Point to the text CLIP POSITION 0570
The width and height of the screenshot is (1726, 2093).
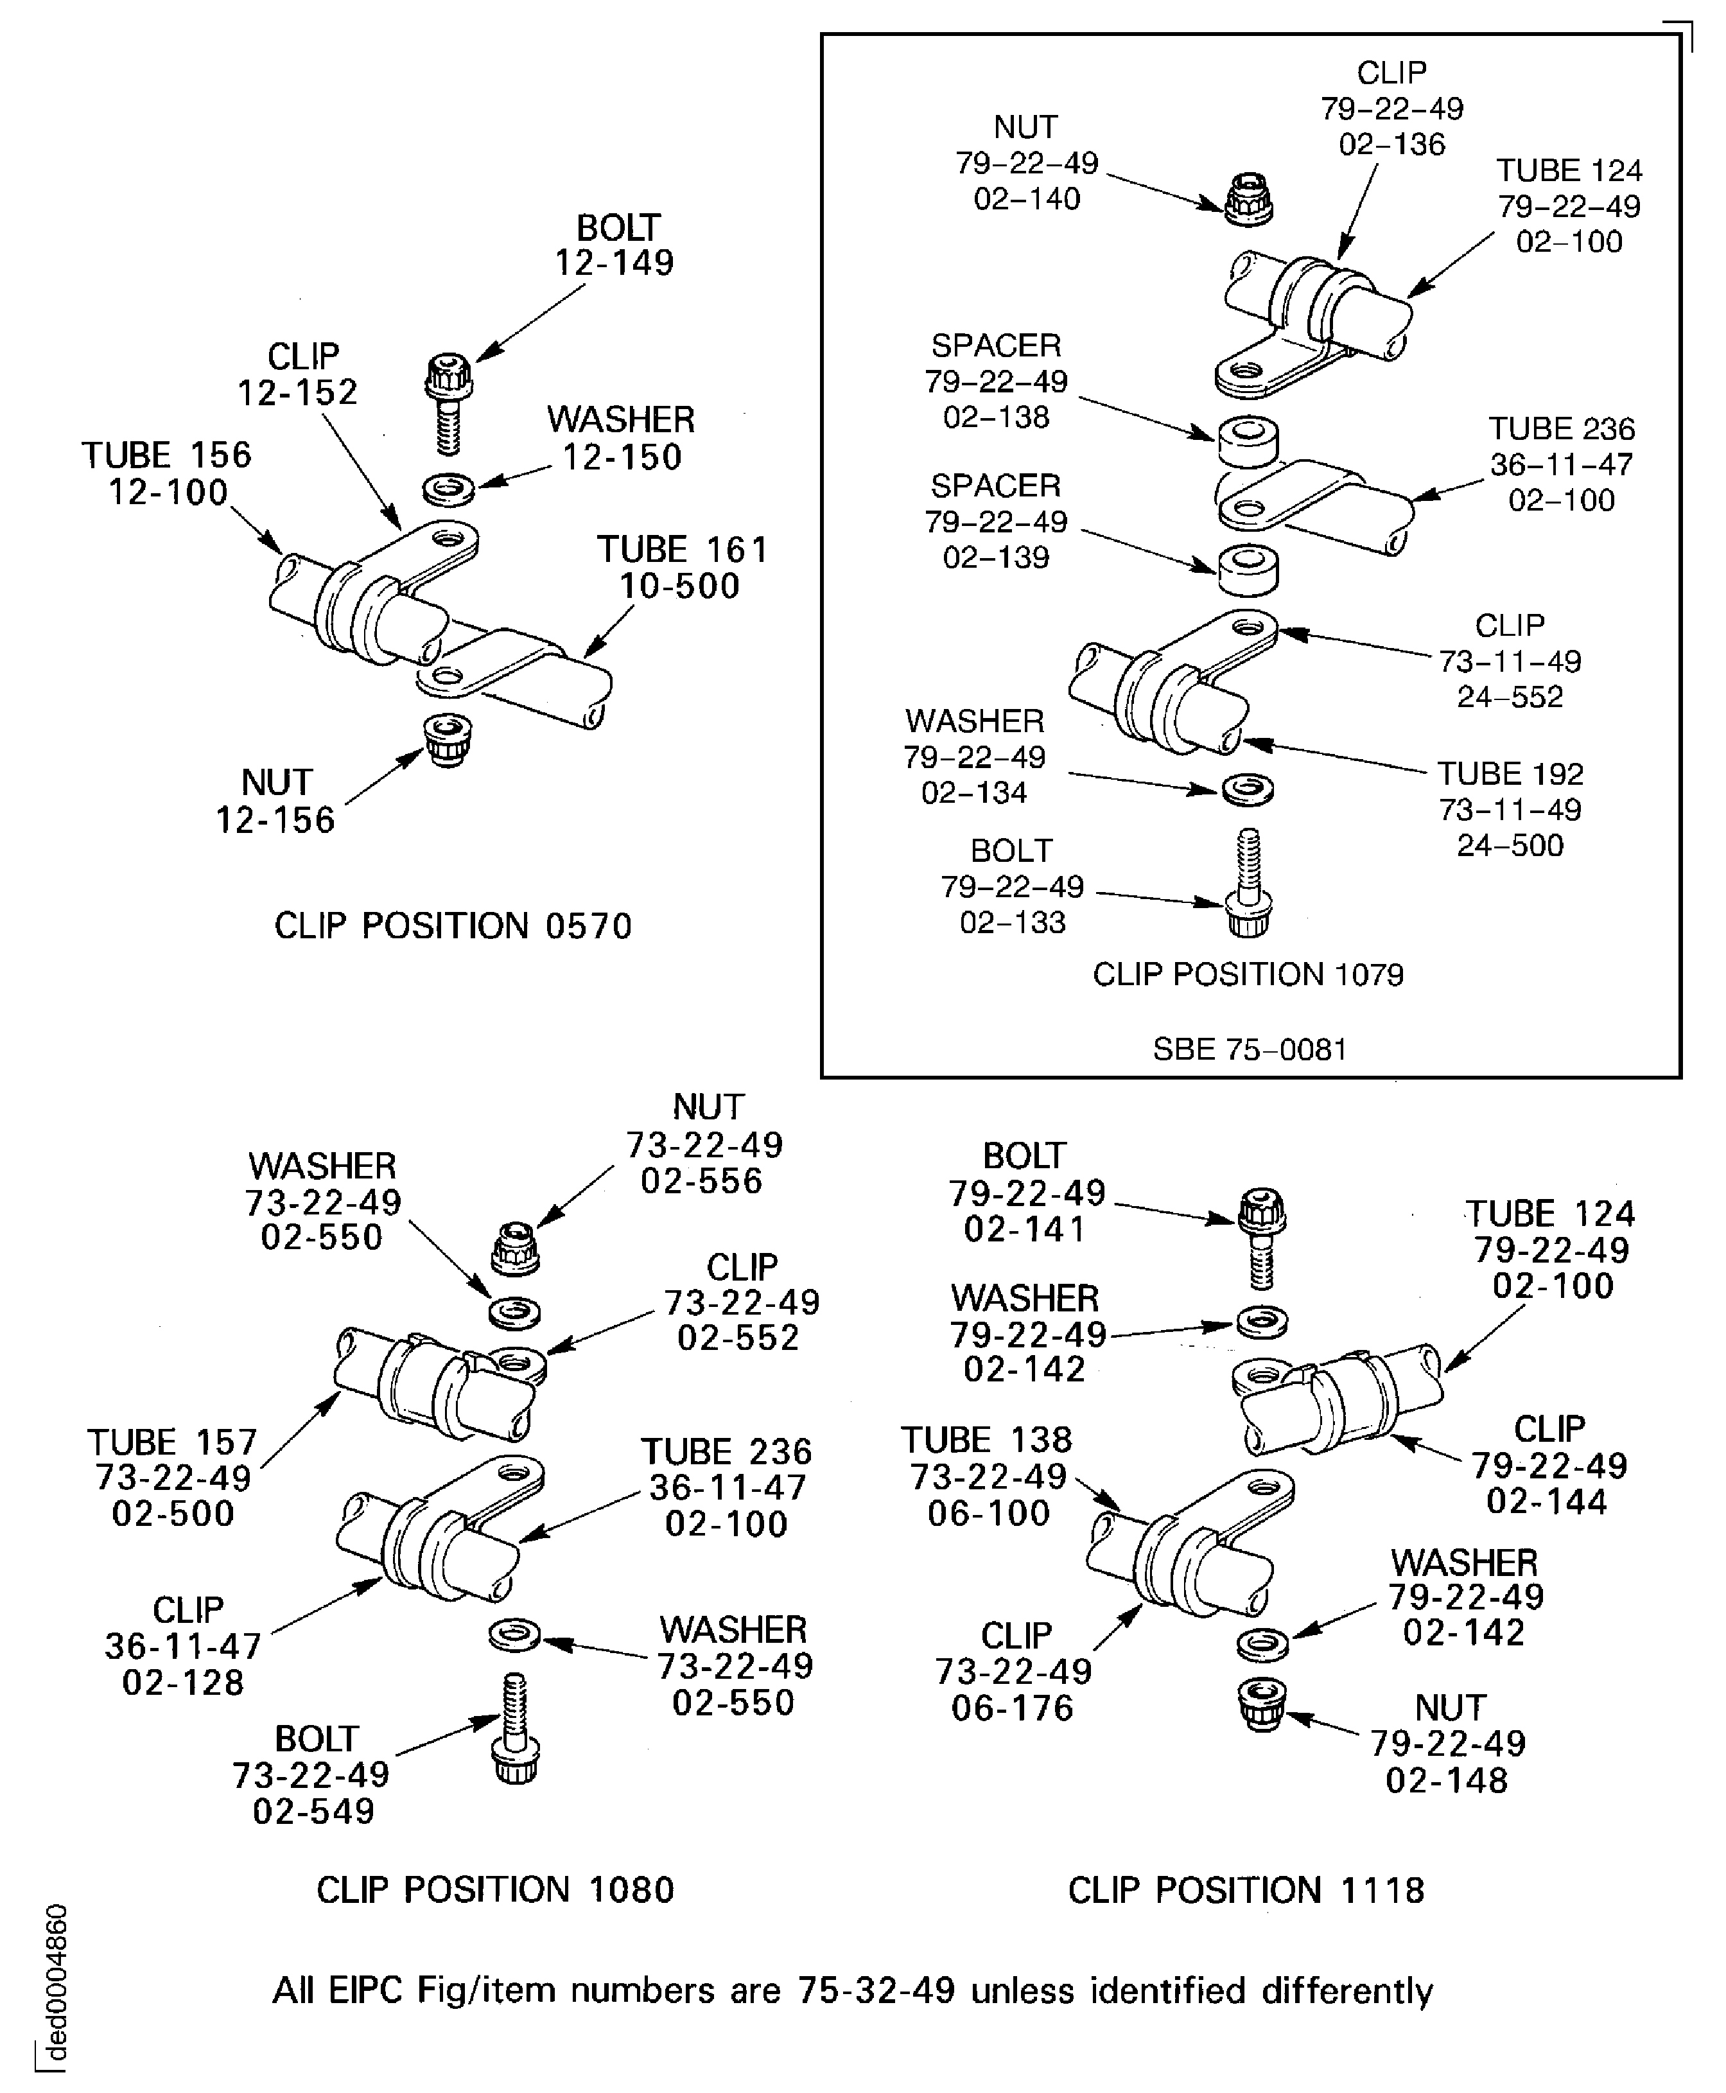click(453, 925)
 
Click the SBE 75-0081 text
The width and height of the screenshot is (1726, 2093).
click(1250, 1049)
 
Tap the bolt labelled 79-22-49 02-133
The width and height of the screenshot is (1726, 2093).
click(1249, 885)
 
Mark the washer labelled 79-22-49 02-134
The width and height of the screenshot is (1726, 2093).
click(1248, 789)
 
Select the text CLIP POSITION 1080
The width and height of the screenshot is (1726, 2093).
click(495, 1889)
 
